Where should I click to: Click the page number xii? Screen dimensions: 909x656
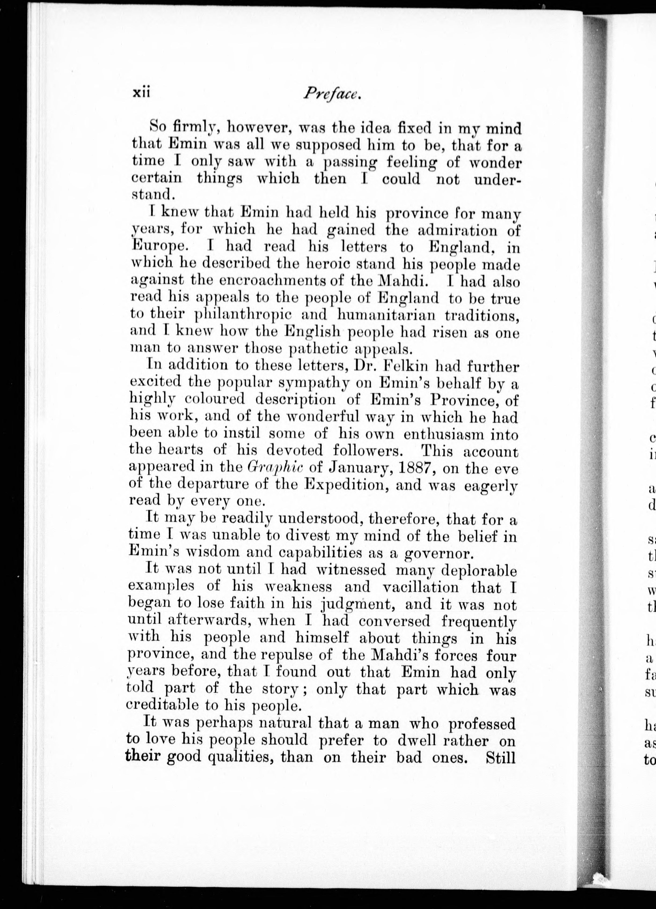tap(141, 93)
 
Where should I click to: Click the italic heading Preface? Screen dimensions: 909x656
tap(332, 93)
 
